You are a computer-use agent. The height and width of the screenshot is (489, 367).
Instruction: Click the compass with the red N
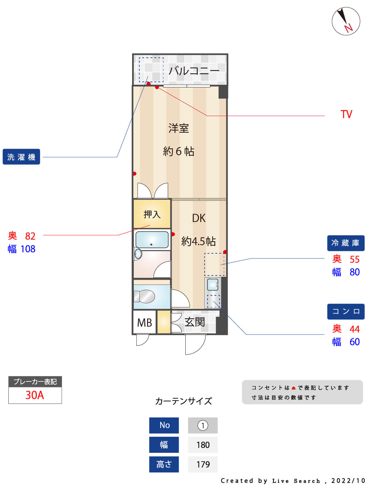point(346,21)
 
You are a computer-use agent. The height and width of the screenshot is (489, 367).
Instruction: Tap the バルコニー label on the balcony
point(194,70)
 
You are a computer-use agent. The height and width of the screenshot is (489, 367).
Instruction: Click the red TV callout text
point(346,114)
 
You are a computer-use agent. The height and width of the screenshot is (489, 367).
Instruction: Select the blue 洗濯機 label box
point(21,157)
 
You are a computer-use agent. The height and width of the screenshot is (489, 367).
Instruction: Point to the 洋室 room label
point(178,128)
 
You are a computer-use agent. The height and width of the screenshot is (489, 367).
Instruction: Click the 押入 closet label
point(152,214)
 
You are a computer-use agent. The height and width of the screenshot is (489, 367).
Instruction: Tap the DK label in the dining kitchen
point(199,218)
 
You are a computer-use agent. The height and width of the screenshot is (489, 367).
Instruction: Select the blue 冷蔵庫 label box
point(345,243)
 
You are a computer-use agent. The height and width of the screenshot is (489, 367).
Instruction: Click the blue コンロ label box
point(345,312)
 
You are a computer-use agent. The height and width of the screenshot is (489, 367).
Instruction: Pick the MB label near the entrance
point(145,323)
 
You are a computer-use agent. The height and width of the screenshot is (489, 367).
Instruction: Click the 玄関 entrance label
point(195,322)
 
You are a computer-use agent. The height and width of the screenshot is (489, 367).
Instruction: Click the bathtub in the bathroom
point(152,240)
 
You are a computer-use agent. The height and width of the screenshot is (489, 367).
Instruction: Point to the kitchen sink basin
point(213,285)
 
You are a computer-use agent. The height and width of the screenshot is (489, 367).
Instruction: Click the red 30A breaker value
point(35,395)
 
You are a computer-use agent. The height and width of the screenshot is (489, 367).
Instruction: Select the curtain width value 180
point(203,445)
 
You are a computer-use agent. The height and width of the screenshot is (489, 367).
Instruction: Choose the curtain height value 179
point(203,464)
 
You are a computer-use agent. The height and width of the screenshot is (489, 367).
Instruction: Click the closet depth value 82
point(30,236)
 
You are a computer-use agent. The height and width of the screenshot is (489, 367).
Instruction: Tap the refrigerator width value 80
point(355,272)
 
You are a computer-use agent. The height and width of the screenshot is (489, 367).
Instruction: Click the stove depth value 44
point(355,329)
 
